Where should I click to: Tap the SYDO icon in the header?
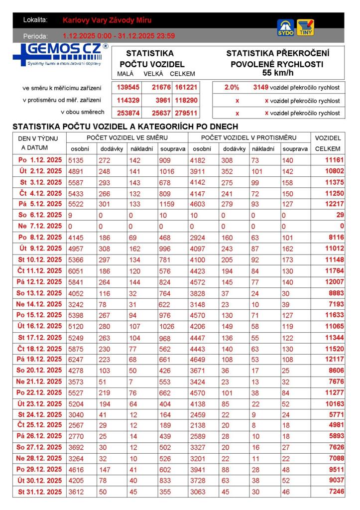tap(285, 27)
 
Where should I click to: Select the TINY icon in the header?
tap(305, 27)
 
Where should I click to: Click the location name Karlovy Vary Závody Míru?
tap(107, 20)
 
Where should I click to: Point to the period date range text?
tap(119, 36)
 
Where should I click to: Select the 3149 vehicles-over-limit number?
tap(261, 87)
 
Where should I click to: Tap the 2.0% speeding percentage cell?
tap(232, 87)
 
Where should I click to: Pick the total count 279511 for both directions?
tap(186, 113)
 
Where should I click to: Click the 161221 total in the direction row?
tap(186, 87)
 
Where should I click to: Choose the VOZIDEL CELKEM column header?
tap(328, 143)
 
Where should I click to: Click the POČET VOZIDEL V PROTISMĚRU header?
tap(248, 137)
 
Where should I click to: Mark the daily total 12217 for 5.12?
tap(334, 204)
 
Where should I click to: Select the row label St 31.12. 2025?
tap(40, 492)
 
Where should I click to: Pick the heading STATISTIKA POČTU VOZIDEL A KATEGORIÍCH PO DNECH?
tap(125, 127)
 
